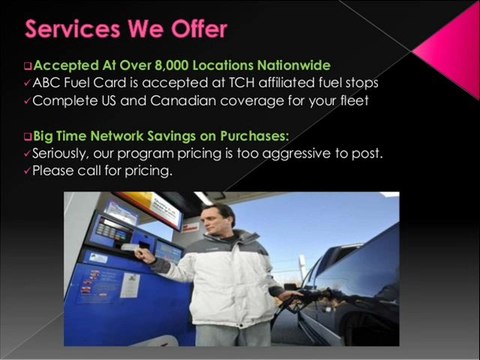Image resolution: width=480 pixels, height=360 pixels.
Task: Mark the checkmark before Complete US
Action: pyautogui.click(x=28, y=101)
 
